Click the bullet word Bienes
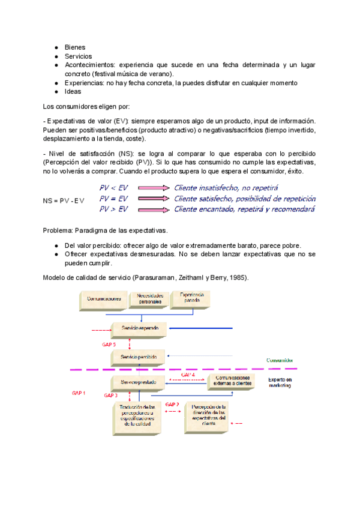75,47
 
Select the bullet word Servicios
79,56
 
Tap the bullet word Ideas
74,91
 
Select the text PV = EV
113,198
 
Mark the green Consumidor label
280,360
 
